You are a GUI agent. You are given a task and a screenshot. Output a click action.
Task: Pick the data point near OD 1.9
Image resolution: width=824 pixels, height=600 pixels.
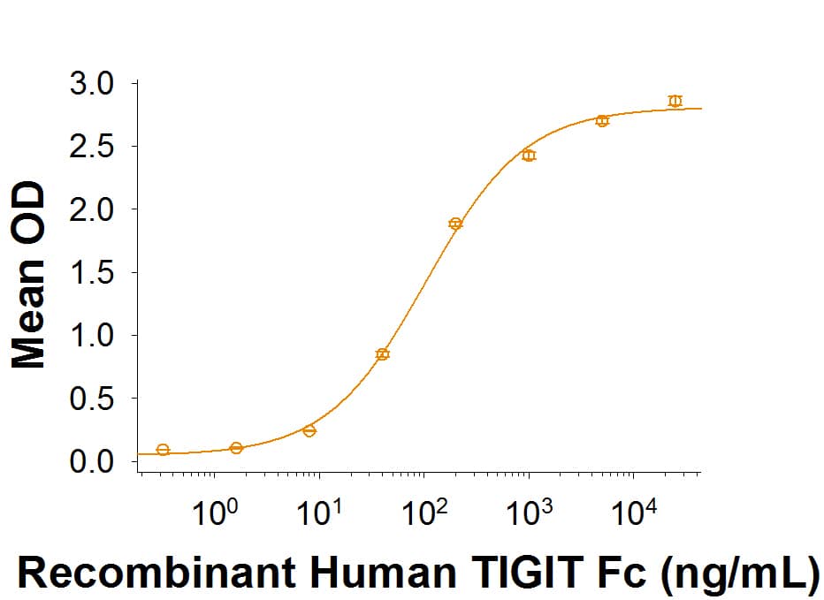pyautogui.click(x=455, y=224)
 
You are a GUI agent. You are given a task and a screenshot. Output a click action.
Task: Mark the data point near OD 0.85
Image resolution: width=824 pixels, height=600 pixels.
pyautogui.click(x=382, y=354)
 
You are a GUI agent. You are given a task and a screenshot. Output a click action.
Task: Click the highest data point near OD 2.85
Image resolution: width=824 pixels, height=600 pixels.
pyautogui.click(x=675, y=101)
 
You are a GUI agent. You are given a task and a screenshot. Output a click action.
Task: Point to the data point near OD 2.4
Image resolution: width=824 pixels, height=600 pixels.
pyautogui.click(x=529, y=156)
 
